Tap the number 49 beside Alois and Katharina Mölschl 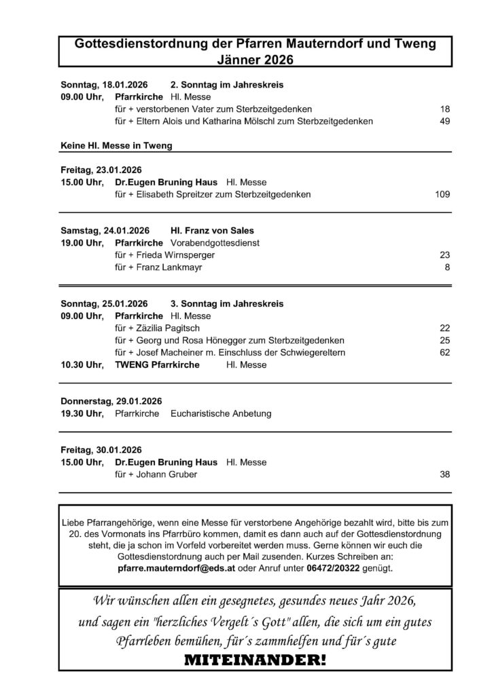pyautogui.click(x=445, y=121)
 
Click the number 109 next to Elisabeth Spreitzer pyautogui.click(x=442, y=195)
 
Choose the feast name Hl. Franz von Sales pyautogui.click(x=212, y=231)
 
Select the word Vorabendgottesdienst pyautogui.click(x=215, y=243)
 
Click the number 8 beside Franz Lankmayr pyautogui.click(x=448, y=267)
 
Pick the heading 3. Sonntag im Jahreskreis pyautogui.click(x=227, y=304)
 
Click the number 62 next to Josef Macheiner pyautogui.click(x=445, y=353)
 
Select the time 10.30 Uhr pyautogui.click(x=82, y=365)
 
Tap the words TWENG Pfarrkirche pyautogui.click(x=157, y=365)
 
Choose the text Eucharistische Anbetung pyautogui.click(x=221, y=413)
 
